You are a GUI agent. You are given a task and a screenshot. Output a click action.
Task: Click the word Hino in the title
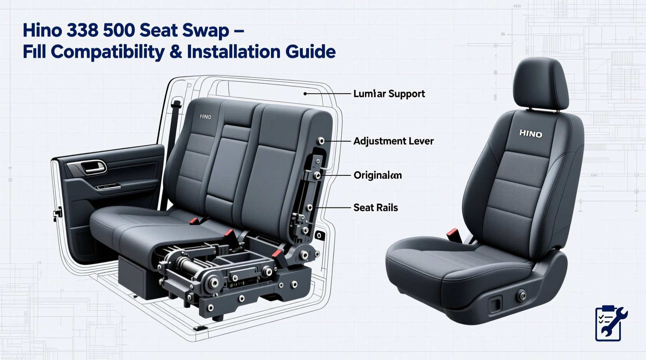coord(42,30)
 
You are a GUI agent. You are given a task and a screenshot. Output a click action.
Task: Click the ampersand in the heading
coord(175,52)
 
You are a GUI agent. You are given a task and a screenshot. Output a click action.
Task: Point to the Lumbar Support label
coord(389,94)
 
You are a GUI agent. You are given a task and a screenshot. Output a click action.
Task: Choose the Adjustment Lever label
coord(393,141)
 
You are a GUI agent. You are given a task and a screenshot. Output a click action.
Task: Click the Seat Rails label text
coord(375,208)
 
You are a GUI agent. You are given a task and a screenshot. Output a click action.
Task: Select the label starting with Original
coord(377,175)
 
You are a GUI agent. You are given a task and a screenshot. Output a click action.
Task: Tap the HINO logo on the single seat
coord(530,134)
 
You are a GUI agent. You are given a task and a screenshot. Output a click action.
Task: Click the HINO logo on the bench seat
coord(205,116)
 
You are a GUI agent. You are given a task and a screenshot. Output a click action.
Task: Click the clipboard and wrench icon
coord(610,323)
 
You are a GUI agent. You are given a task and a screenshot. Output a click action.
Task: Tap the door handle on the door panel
coord(93,168)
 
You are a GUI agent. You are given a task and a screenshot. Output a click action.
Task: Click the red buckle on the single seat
coord(453,234)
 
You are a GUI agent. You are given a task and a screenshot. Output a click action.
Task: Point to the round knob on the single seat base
coord(521,296)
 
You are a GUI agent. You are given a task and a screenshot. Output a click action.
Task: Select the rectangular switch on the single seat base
coord(496,303)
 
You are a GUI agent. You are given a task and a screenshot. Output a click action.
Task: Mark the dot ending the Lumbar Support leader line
coord(306,94)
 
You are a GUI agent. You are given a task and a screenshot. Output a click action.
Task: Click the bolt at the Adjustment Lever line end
coord(321,141)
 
